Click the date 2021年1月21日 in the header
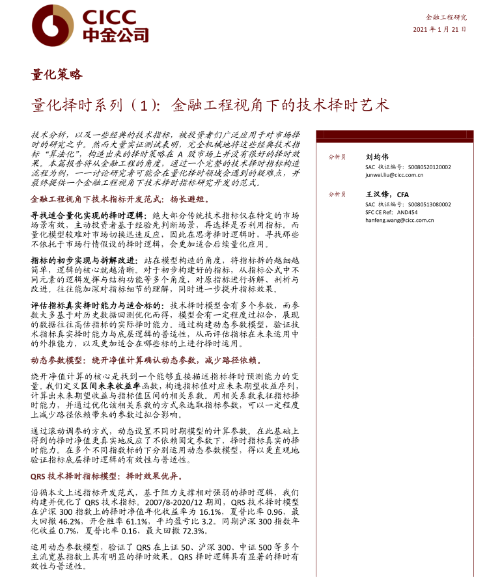pyautogui.click(x=439, y=30)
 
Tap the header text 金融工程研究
pyautogui.click(x=446, y=17)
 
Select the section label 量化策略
pyautogui.click(x=57, y=74)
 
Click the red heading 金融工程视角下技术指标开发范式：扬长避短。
pyautogui.click(x=120, y=199)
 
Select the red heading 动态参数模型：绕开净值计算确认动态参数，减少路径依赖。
pyautogui.click(x=146, y=360)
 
